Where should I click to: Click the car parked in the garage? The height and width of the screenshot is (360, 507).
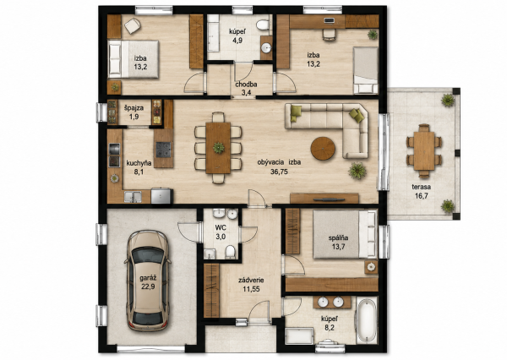pyautogui.click(x=148, y=281)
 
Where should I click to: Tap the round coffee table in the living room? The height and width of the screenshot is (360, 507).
pyautogui.click(x=323, y=149)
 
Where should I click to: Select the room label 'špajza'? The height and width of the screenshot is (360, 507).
pyautogui.click(x=134, y=108)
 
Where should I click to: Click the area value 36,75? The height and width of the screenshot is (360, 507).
pyautogui.click(x=279, y=172)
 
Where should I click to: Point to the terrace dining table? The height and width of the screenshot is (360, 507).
pyautogui.click(x=424, y=150)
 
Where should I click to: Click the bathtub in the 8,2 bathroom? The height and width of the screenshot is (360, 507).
pyautogui.click(x=367, y=320)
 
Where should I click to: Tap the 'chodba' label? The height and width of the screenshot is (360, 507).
pyautogui.click(x=246, y=85)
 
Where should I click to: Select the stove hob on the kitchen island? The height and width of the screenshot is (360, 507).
pyautogui.click(x=163, y=150)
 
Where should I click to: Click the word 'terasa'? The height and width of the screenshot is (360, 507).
pyautogui.click(x=421, y=187)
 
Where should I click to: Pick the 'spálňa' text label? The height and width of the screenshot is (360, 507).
pyautogui.click(x=338, y=238)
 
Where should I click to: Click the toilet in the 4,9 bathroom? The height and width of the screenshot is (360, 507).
pyautogui.click(x=263, y=25)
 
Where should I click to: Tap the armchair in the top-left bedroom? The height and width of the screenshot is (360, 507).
pyautogui.click(x=133, y=25)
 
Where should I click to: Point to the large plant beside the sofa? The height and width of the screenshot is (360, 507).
pyautogui.click(x=357, y=170)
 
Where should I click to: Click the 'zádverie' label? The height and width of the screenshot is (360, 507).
pyautogui.click(x=251, y=281)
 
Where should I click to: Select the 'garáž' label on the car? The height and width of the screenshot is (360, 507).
pyautogui.click(x=148, y=278)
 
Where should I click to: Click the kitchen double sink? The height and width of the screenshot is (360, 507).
pyautogui.click(x=133, y=197)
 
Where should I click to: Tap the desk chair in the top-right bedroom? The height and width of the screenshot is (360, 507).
pyautogui.click(x=329, y=35)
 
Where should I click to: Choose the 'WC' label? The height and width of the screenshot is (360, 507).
pyautogui.click(x=221, y=227)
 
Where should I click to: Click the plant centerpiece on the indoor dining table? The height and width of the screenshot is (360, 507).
pyautogui.click(x=219, y=148)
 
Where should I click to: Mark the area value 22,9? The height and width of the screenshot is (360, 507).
pyautogui.click(x=148, y=286)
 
